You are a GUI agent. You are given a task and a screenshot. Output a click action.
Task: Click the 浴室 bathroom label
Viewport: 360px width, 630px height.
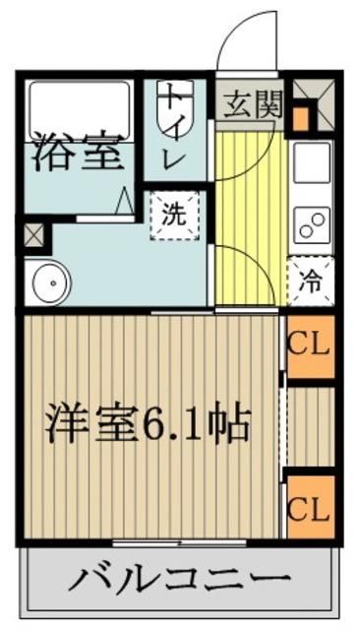coord(76,156)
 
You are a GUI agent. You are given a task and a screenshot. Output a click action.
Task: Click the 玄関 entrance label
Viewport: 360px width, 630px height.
coord(250,103)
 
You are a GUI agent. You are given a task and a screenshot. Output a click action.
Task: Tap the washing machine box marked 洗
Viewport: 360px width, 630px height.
coord(174,216)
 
